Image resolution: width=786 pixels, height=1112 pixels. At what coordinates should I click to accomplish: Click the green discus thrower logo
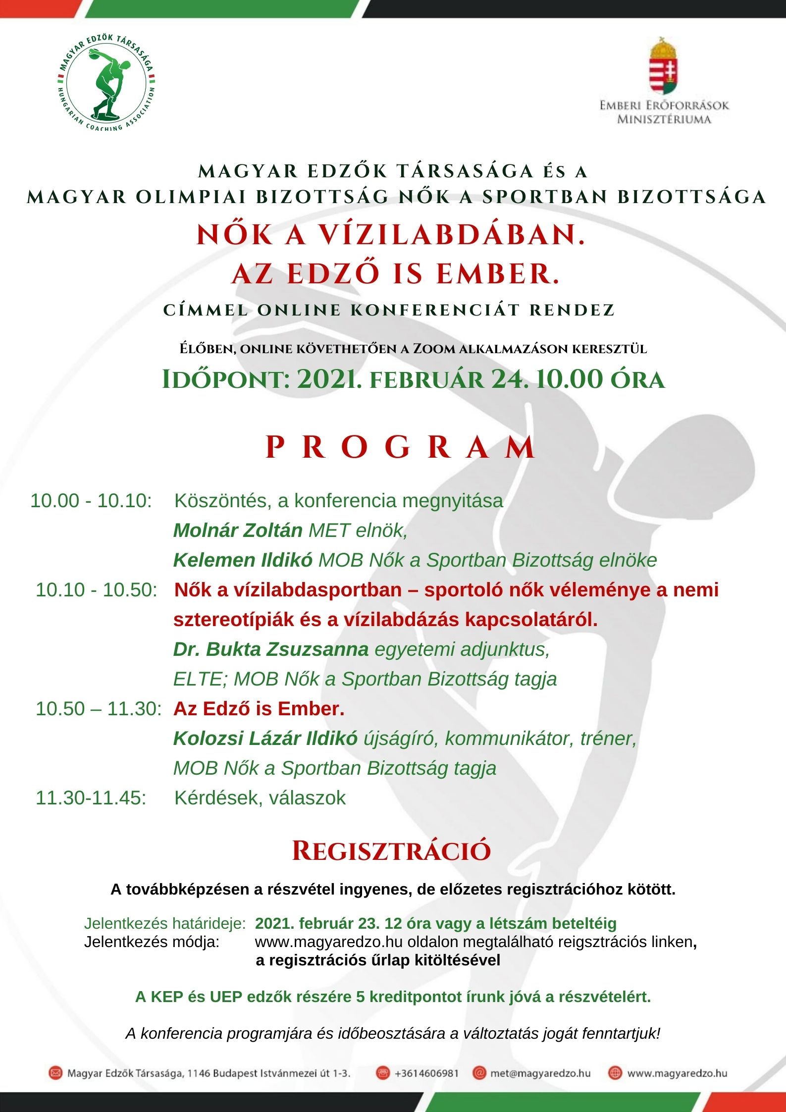106,85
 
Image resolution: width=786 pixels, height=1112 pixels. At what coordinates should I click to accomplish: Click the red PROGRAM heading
400,447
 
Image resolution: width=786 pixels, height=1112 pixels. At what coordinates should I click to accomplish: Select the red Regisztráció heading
391,851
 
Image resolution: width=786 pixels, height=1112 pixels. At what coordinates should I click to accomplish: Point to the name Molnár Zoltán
238,530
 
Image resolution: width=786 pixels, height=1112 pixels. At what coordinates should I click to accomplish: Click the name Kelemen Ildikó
243,560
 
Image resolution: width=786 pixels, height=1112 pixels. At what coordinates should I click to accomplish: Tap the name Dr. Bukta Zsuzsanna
271,649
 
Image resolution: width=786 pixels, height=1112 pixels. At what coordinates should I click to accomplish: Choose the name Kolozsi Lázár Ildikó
265,739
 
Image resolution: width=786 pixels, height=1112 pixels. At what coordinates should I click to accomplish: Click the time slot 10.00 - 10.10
91,501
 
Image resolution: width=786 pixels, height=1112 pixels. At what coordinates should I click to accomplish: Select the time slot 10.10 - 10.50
97,590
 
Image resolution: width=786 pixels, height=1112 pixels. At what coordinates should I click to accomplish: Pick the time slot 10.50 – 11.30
99,709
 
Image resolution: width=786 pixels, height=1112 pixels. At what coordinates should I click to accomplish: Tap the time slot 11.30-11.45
91,798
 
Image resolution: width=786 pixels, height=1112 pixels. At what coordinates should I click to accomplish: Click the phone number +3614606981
426,1073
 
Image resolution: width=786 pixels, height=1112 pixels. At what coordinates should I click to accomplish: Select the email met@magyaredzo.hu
540,1073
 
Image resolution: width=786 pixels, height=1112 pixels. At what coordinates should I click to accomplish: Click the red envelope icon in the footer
55,1073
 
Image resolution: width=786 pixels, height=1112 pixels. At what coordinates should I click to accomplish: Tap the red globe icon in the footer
615,1073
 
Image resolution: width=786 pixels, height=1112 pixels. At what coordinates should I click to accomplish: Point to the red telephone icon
382,1073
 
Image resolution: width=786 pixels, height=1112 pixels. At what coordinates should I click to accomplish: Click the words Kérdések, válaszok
260,798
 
